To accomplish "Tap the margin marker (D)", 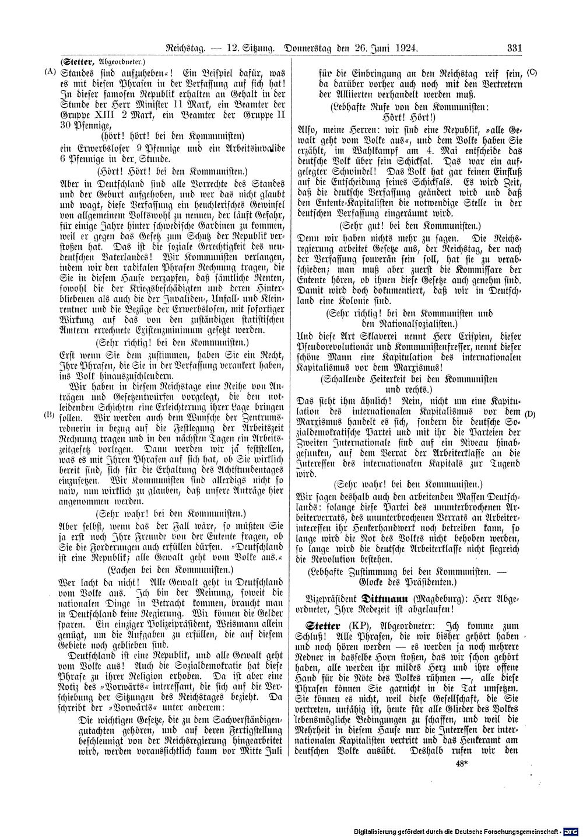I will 530,414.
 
